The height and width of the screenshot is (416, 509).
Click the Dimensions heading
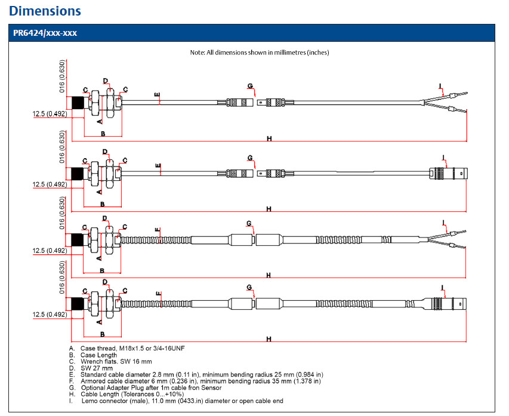[x=45, y=11]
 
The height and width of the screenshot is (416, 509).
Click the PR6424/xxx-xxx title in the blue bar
[x=45, y=33]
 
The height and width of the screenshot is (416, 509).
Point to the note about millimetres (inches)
[x=259, y=53]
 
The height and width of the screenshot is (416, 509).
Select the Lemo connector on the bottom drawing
[x=448, y=303]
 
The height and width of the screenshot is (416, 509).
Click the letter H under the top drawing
[x=269, y=138]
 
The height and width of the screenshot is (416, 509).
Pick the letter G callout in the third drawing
[x=249, y=223]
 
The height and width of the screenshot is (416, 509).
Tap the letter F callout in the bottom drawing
[x=158, y=294]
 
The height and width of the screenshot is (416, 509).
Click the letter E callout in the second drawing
[x=158, y=165]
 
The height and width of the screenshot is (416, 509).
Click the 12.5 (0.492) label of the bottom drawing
[x=50, y=315]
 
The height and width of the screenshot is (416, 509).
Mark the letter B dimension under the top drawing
[x=103, y=134]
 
